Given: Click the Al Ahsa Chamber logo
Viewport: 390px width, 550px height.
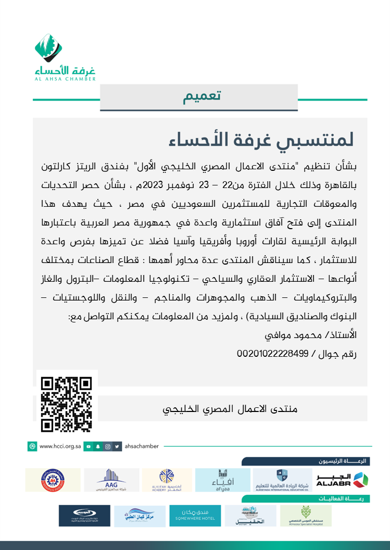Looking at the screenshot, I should click(65, 57).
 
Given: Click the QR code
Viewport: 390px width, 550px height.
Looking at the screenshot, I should click(67, 404).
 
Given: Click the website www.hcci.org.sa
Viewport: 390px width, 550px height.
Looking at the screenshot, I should click(59, 446).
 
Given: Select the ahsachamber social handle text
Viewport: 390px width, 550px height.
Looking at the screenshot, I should click(144, 446).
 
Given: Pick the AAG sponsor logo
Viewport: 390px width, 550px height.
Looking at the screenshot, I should click(111, 480).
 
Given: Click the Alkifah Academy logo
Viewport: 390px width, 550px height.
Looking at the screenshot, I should click(167, 480).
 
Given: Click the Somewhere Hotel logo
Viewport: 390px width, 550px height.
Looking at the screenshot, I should click(195, 516).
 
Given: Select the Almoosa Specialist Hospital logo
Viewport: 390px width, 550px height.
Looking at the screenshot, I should click(306, 516).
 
